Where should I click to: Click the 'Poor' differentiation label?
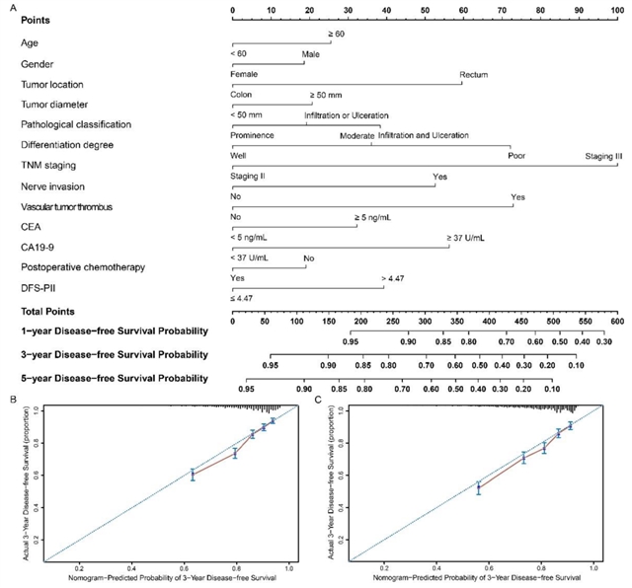click(x=516, y=156)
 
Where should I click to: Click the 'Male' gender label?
click(x=310, y=54)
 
